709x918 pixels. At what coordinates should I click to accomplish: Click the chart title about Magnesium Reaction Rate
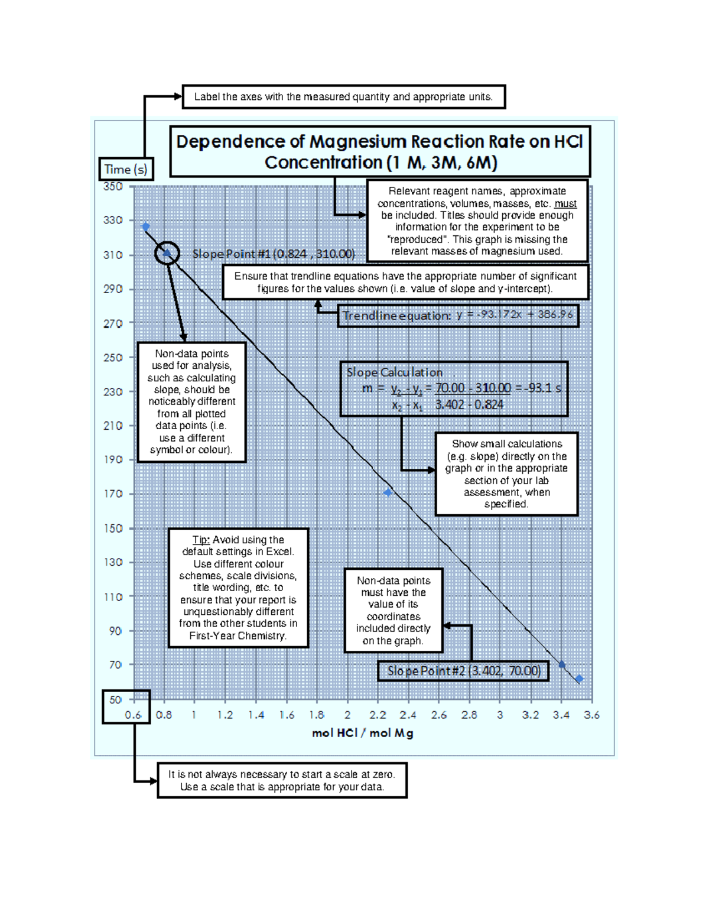point(379,151)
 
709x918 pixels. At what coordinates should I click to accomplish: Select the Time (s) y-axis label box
point(125,170)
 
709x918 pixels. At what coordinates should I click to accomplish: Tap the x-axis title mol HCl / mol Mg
point(362,733)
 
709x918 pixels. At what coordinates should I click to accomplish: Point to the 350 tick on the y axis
point(113,186)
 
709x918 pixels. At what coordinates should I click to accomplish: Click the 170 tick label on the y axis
point(113,494)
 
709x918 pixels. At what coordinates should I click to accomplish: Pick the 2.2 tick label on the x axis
point(378,715)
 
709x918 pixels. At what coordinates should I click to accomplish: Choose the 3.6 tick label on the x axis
point(591,715)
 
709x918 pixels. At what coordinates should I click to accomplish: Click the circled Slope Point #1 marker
point(167,253)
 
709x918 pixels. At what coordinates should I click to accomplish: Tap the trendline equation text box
point(457,315)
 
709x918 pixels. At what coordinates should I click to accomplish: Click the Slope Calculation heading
point(394,372)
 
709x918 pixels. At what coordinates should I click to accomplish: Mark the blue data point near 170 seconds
point(388,492)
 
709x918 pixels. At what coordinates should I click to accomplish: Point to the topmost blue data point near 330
point(146,226)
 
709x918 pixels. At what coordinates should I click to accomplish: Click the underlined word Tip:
point(201,540)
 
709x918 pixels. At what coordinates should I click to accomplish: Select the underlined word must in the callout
point(565,203)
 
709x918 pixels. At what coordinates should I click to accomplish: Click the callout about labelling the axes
point(343,97)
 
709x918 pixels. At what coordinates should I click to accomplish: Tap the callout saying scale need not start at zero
point(282,780)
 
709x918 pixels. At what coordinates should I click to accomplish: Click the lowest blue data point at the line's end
point(580,679)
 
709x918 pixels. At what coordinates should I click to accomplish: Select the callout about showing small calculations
point(506,473)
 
